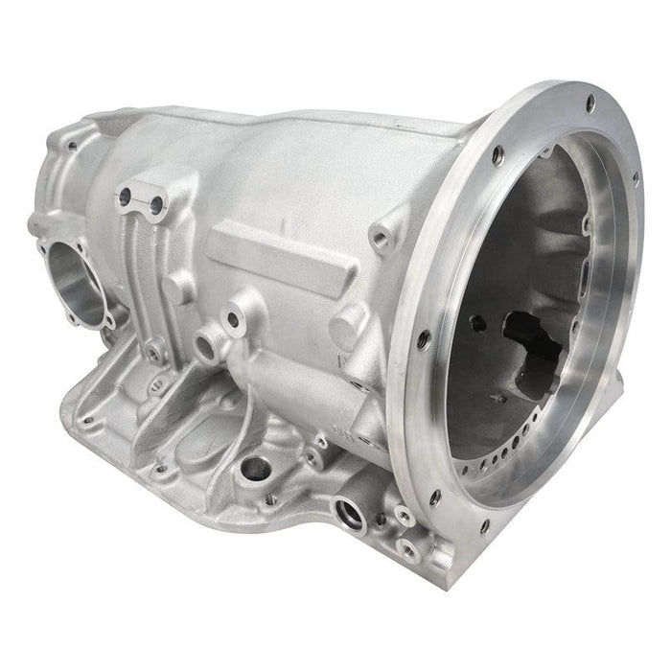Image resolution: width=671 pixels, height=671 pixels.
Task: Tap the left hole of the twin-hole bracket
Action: (124, 196)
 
